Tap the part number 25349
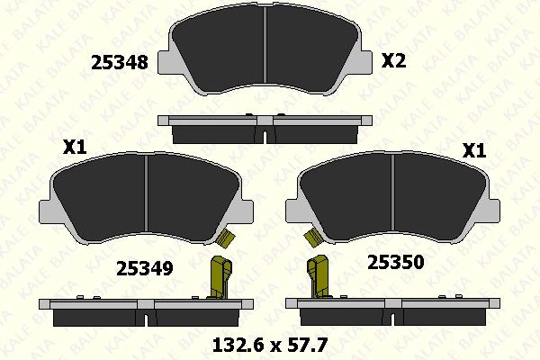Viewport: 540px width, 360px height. coord(145,268)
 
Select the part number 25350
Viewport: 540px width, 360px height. coord(395,262)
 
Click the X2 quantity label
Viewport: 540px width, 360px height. coord(394,61)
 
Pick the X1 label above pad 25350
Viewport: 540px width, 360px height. coord(473,151)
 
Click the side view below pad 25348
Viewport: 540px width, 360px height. coord(267,128)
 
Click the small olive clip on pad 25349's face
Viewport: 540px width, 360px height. coord(225,238)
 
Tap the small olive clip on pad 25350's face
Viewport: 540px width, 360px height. coord(312,238)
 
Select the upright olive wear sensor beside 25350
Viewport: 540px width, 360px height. coord(318,278)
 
